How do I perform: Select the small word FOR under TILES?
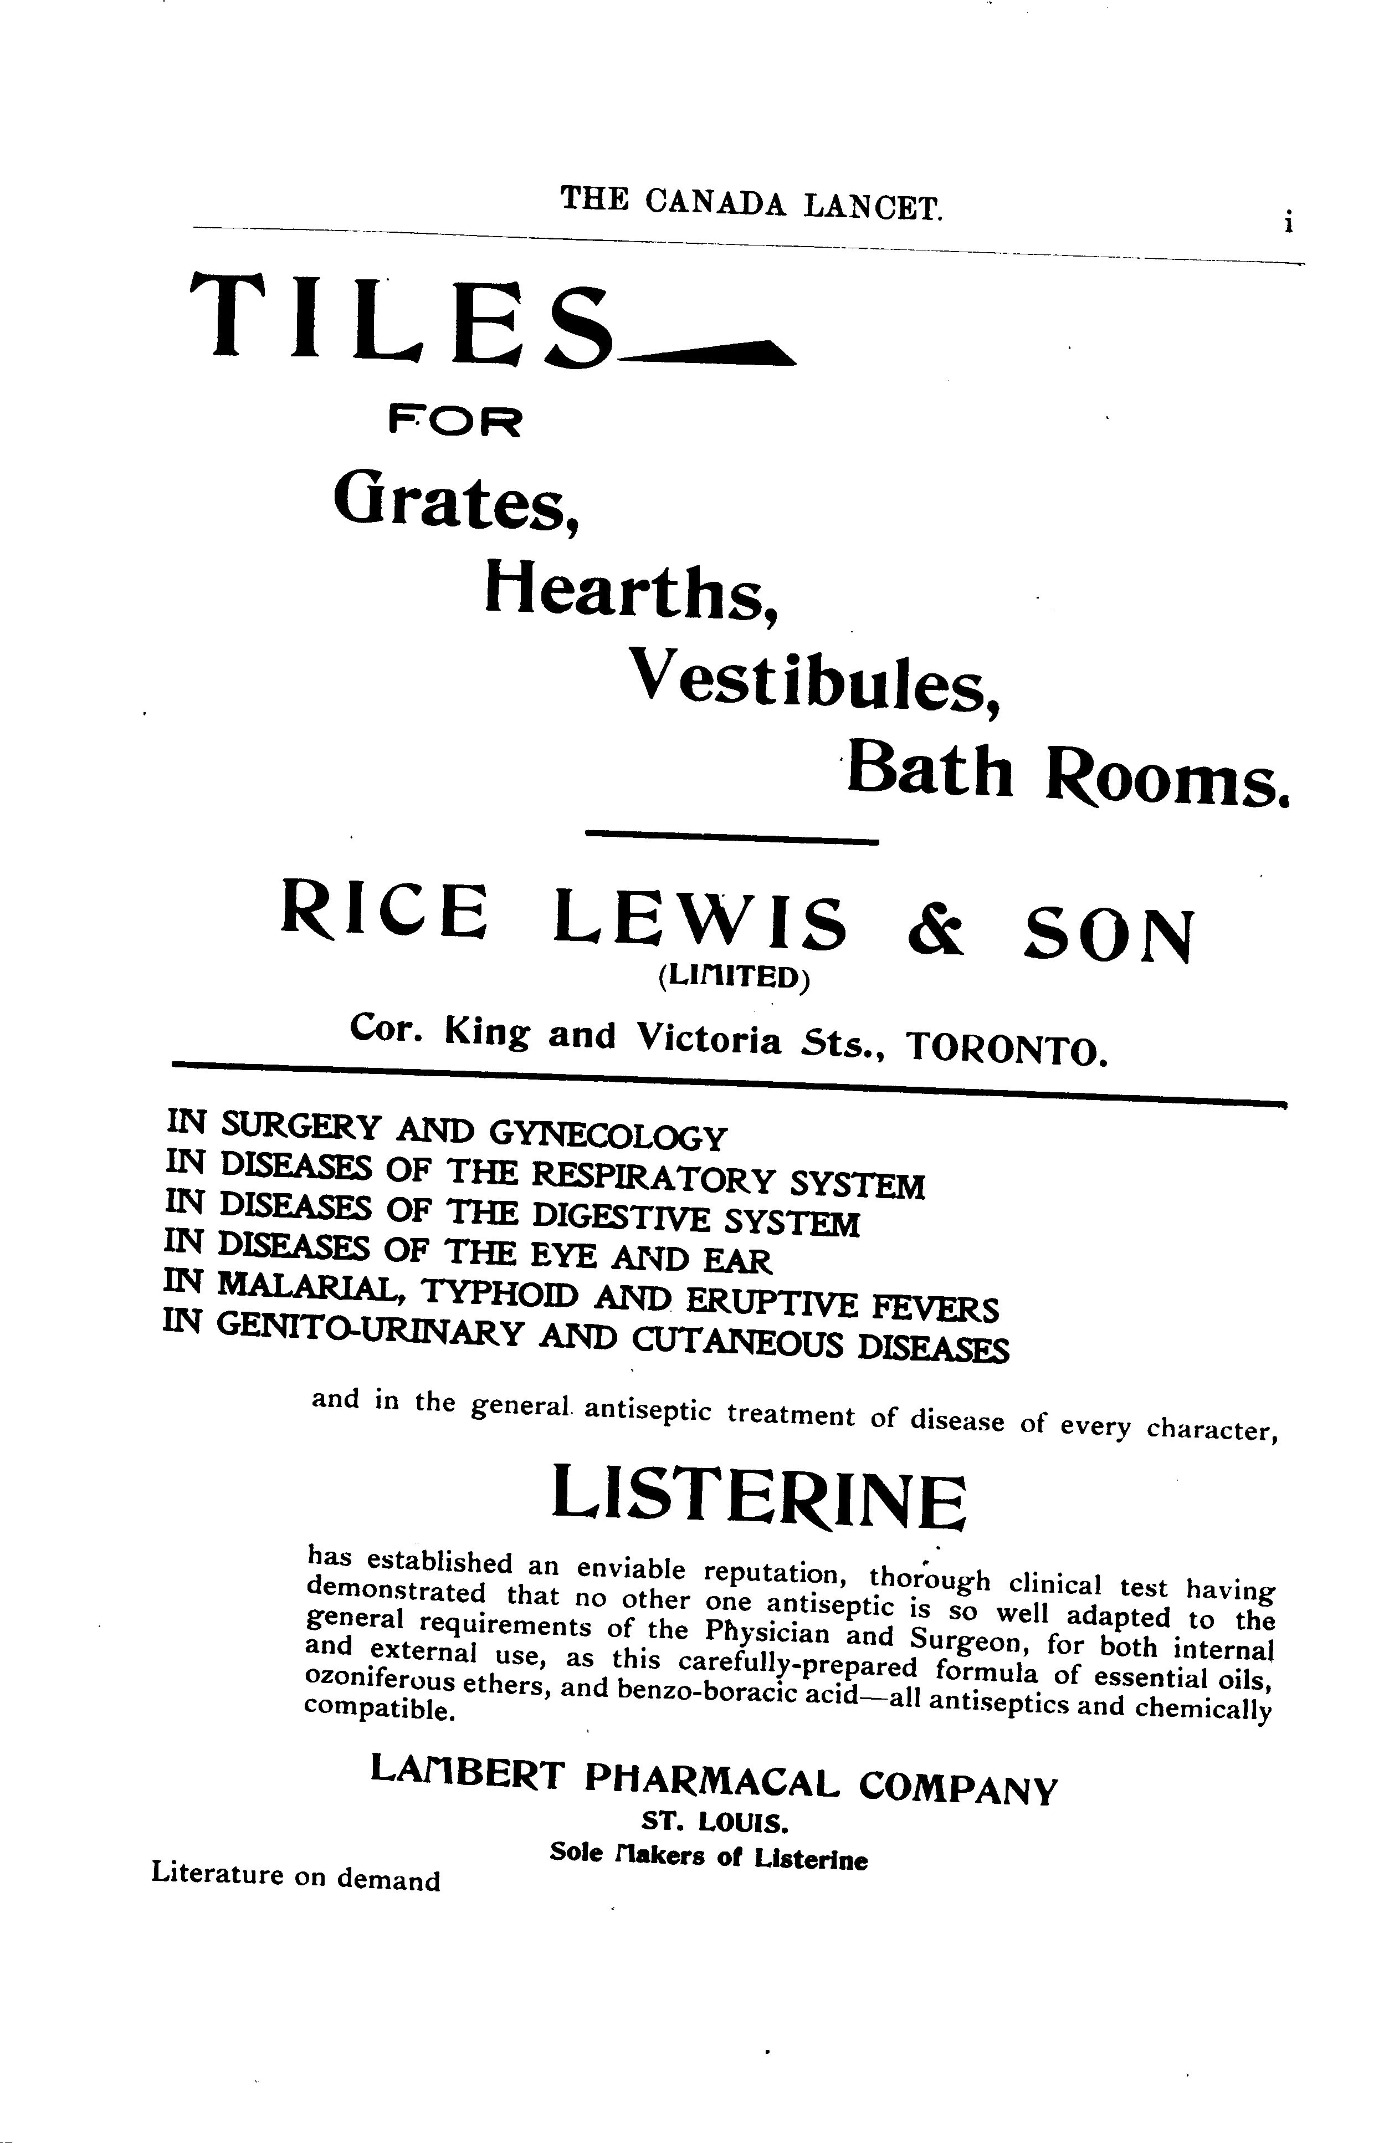[455, 421]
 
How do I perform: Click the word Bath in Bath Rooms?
[930, 771]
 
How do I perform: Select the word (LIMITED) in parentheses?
[734, 978]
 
